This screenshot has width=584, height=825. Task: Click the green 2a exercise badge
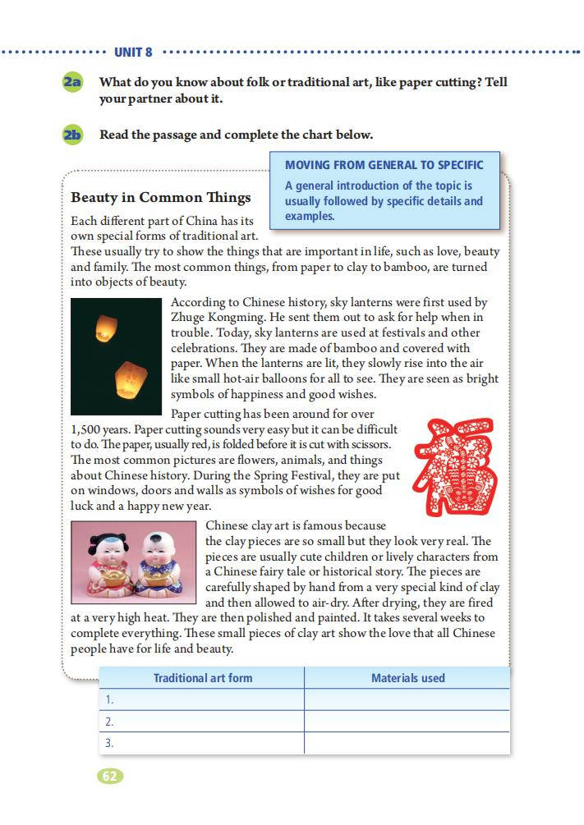click(72, 83)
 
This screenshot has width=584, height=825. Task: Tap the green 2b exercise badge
click(72, 135)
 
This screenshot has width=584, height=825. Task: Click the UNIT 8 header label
click(133, 53)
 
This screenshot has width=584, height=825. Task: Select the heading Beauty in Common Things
click(161, 198)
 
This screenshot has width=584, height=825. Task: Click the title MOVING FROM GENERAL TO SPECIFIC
click(384, 164)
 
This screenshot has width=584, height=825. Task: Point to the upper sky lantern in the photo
click(103, 328)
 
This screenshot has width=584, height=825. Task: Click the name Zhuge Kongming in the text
click(214, 317)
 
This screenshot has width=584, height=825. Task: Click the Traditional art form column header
click(203, 678)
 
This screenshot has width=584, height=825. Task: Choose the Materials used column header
click(407, 678)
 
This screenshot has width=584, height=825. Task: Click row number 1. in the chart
click(109, 700)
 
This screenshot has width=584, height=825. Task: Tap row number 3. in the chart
click(109, 743)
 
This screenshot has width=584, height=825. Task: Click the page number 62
click(110, 776)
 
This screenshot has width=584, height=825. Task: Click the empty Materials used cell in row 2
click(407, 722)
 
